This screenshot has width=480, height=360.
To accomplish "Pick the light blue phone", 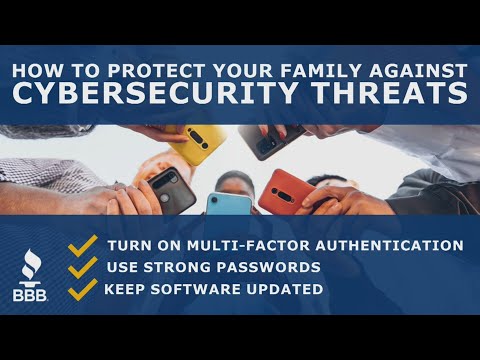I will point(228,202).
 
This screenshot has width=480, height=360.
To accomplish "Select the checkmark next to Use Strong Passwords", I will point(83,267).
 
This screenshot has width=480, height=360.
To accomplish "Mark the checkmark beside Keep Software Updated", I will point(83,289).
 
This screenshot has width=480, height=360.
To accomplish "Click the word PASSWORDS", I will point(271,268).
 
